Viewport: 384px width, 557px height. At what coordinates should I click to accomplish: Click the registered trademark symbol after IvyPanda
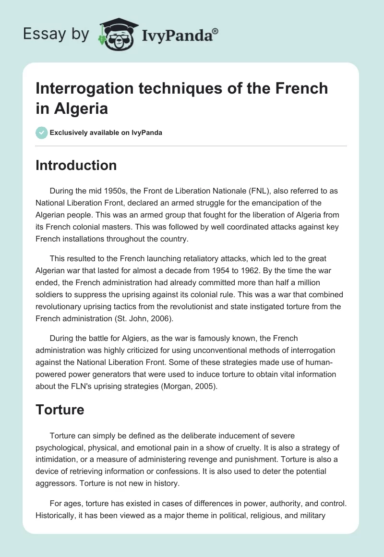tap(216, 32)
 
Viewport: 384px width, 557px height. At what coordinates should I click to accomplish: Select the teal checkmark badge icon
tap(41, 133)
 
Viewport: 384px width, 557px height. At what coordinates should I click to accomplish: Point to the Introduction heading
tap(76, 165)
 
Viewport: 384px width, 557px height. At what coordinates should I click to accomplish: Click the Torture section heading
tap(60, 410)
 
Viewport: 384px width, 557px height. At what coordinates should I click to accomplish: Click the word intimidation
tap(57, 459)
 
